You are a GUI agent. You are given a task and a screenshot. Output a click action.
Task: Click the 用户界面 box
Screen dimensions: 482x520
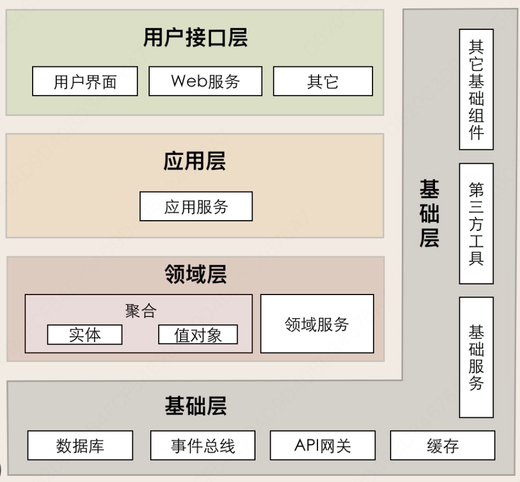(x=85, y=82)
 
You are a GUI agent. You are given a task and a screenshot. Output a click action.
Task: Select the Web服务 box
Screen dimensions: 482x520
(x=205, y=82)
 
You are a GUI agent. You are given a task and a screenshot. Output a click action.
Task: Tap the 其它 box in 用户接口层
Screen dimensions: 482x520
(x=323, y=82)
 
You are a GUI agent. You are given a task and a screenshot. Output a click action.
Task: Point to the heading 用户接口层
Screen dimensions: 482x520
(x=195, y=38)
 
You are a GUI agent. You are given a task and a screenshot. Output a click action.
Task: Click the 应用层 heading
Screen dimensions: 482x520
(x=195, y=162)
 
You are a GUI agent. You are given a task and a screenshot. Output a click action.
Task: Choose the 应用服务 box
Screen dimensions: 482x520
(x=196, y=207)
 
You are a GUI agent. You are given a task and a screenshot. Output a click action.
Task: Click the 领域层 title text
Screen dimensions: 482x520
(x=195, y=275)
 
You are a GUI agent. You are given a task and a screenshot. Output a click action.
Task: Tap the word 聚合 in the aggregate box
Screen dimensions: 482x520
(x=141, y=311)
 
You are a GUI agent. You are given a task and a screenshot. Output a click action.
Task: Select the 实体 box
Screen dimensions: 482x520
(x=85, y=334)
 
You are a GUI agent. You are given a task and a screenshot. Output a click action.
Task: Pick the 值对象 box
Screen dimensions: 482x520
(x=198, y=334)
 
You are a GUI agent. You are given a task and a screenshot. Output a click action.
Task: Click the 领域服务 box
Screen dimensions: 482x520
(x=317, y=324)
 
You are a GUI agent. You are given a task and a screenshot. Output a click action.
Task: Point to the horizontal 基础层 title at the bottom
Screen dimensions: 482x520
(x=195, y=406)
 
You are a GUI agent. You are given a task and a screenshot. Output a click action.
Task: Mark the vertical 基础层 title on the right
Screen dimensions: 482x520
(x=429, y=214)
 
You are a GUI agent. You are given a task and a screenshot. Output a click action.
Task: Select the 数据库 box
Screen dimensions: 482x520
(x=80, y=446)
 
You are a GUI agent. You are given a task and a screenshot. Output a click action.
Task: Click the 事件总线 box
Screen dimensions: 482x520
(x=203, y=446)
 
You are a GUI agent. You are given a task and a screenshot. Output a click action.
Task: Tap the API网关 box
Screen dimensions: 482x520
(x=322, y=446)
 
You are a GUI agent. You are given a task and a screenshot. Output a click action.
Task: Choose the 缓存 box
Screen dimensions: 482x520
(x=443, y=446)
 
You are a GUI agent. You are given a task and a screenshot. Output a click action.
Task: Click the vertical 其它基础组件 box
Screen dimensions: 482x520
(x=476, y=90)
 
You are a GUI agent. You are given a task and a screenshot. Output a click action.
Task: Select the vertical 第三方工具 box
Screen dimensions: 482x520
(x=476, y=224)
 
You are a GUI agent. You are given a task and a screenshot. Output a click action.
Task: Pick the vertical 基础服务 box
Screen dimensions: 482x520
(x=476, y=358)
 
